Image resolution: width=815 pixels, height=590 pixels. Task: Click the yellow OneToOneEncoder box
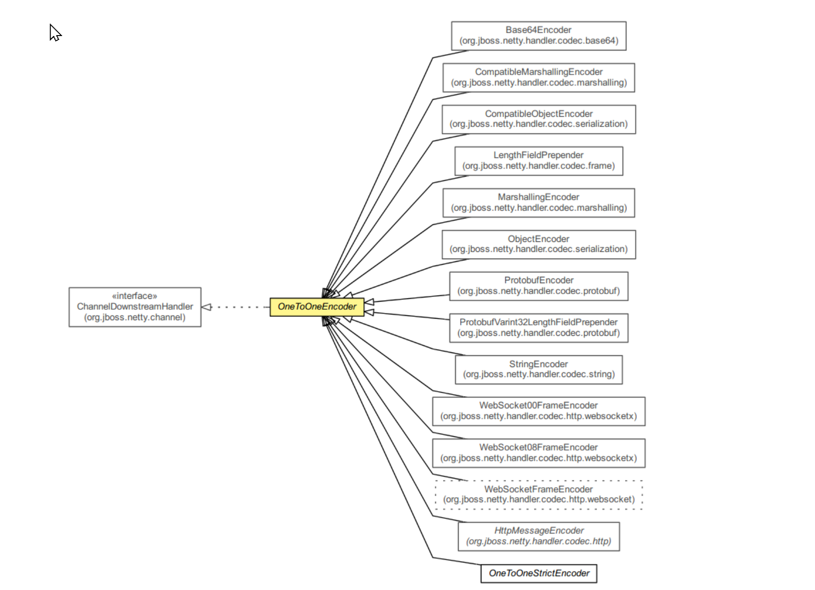pos(317,307)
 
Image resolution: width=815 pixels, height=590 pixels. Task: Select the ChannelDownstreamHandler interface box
pos(135,307)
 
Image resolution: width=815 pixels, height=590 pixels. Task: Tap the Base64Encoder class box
pos(538,36)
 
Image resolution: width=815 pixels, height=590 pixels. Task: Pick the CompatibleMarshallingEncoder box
pos(538,77)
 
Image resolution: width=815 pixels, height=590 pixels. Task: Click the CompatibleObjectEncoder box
pos(538,119)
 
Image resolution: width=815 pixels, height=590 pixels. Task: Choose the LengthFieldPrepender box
pos(538,161)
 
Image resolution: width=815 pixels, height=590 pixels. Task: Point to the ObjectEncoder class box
pos(538,244)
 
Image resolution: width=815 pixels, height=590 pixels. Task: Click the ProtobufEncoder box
pos(538,286)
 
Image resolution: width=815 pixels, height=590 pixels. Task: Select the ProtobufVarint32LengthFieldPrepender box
pos(538,328)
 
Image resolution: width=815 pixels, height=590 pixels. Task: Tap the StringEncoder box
pos(538,369)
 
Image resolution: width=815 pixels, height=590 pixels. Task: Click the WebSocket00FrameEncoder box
pos(538,411)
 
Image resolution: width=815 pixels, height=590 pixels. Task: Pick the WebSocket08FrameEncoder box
pos(538,453)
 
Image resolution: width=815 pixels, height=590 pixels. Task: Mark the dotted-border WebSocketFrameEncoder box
pos(538,495)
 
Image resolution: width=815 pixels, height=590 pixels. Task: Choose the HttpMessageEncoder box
pos(538,536)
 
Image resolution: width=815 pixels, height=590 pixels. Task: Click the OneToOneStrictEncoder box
pos(538,573)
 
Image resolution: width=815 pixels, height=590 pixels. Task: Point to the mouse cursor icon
pos(55,33)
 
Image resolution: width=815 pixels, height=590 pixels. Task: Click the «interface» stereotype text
pos(135,296)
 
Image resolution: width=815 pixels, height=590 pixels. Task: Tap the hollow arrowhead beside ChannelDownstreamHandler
pos(207,307)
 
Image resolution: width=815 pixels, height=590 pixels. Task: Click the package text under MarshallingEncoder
pos(538,208)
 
